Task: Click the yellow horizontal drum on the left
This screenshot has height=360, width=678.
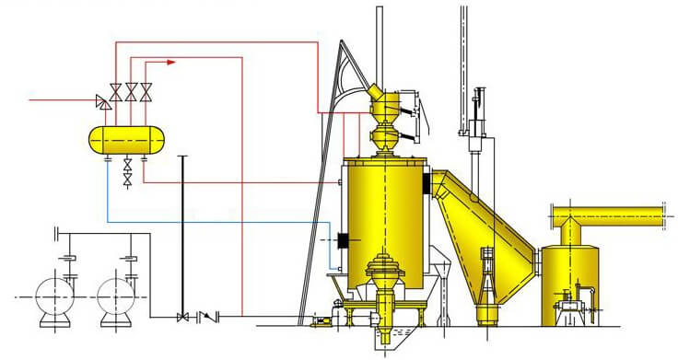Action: (126, 139)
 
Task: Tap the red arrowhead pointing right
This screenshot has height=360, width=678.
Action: (170, 63)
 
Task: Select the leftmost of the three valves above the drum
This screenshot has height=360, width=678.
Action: (115, 90)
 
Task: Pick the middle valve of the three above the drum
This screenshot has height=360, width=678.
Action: (131, 90)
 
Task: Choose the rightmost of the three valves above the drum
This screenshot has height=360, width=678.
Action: (146, 90)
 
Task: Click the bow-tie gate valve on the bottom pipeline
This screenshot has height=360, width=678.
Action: (183, 317)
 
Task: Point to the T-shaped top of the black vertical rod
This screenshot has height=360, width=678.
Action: (184, 157)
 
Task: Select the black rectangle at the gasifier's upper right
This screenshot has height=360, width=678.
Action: (427, 184)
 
